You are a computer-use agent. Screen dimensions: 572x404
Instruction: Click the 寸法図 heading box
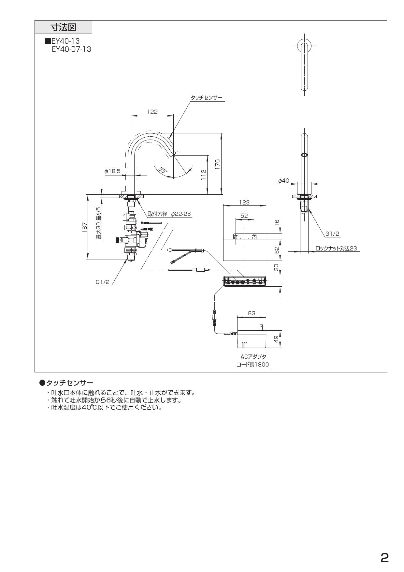63,27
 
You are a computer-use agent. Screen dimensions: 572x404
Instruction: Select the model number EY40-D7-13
71,50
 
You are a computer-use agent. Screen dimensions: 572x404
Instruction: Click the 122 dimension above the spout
152,112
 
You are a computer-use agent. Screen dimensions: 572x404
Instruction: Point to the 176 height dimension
218,164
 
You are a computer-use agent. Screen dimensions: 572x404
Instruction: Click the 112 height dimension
203,175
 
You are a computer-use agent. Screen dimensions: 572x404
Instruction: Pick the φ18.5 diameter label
112,171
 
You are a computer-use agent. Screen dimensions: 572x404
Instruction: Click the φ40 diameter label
283,180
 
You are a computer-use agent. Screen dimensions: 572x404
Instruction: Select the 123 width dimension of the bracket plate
244,202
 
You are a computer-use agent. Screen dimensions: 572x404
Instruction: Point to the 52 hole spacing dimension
244,216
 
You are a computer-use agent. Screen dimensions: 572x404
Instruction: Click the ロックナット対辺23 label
336,248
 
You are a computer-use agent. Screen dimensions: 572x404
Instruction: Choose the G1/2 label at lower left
103,282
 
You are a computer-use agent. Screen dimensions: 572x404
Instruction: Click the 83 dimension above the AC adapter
252,313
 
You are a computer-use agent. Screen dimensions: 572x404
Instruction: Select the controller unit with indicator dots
245,281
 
